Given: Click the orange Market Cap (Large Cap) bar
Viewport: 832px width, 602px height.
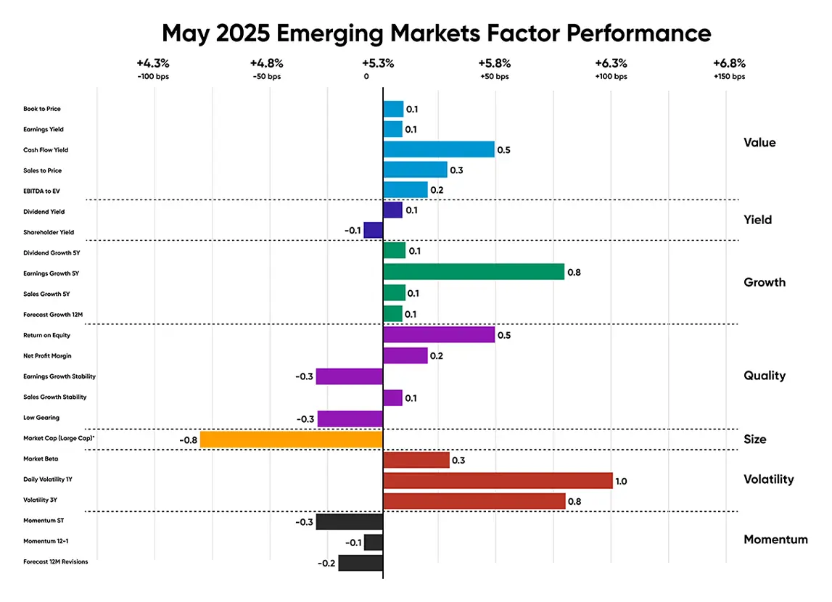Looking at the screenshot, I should [x=291, y=440].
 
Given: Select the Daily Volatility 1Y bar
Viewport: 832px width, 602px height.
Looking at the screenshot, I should [x=497, y=480].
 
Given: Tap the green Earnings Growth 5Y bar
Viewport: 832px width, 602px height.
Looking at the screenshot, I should [x=473, y=272].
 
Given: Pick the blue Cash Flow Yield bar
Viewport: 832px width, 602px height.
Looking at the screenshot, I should [x=438, y=149].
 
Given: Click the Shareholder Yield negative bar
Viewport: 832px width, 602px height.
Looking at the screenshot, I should [x=373, y=231].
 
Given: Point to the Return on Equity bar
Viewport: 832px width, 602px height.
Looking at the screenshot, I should [x=438, y=335].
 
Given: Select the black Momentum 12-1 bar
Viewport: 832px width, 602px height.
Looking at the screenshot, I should [x=373, y=543].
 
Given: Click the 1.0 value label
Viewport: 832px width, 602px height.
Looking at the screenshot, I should [x=621, y=481].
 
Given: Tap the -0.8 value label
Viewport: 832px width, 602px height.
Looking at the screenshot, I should [x=188, y=440].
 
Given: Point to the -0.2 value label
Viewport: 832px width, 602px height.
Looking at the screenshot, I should [x=326, y=564].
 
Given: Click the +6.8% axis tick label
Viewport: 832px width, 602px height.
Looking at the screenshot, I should [x=729, y=63].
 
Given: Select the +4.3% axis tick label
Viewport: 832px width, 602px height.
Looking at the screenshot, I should [x=152, y=63].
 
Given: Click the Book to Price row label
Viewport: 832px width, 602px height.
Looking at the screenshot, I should [x=42, y=109].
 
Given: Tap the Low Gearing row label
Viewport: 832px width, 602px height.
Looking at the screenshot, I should [x=41, y=418].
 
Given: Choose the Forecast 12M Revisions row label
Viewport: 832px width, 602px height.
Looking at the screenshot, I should [x=56, y=561].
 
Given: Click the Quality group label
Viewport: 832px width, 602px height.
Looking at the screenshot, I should [x=765, y=376].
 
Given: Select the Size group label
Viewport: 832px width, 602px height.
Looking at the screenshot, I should [x=754, y=440].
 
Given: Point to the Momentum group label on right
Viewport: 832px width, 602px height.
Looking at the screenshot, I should [x=775, y=540].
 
